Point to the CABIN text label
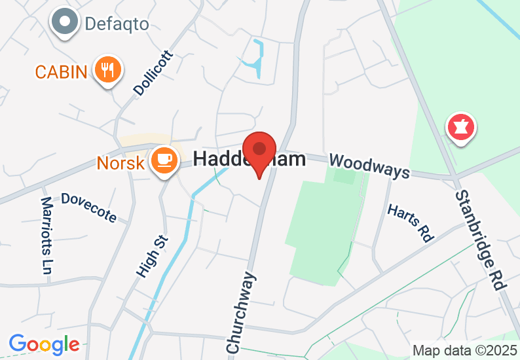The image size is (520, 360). click(x=61, y=71)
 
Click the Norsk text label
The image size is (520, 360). click(x=120, y=163)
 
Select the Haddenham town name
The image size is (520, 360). click(x=250, y=160)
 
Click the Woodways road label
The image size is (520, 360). click(x=369, y=166)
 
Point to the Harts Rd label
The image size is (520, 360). click(x=411, y=223)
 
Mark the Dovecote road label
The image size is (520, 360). click(x=88, y=207)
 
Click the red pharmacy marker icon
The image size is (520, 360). click(x=460, y=128)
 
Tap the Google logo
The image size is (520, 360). click(x=44, y=344)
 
